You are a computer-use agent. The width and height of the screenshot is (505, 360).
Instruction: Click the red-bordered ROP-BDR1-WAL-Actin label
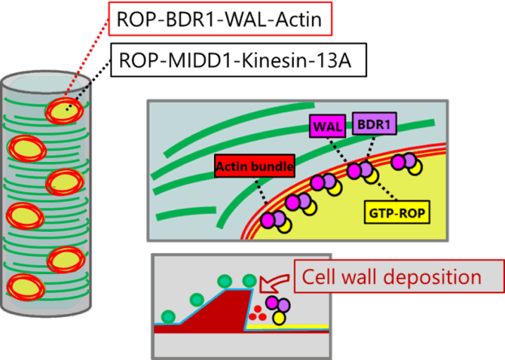(x=220, y=20)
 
